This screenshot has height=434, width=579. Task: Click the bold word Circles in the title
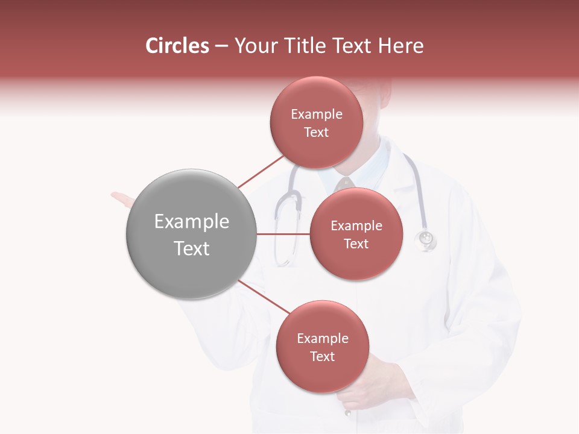point(177,46)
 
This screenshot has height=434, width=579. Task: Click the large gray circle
point(191,234)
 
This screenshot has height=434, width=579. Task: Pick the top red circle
point(316,122)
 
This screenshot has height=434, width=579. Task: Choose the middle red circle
point(356,234)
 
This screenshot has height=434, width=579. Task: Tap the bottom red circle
point(322,347)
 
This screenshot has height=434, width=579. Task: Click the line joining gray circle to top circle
point(261,171)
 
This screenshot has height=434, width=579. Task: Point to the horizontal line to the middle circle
point(283,234)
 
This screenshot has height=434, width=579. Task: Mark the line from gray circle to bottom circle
point(264,297)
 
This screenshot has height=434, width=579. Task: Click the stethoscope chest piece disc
point(426,239)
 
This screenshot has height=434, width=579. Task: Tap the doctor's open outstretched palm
point(123,200)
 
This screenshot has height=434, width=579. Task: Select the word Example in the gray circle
point(191,222)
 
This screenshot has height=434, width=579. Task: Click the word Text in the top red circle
point(316,133)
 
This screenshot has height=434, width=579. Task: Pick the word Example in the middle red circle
point(356,226)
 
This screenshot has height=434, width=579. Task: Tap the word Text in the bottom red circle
point(322,357)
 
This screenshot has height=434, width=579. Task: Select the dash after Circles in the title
point(221,46)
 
